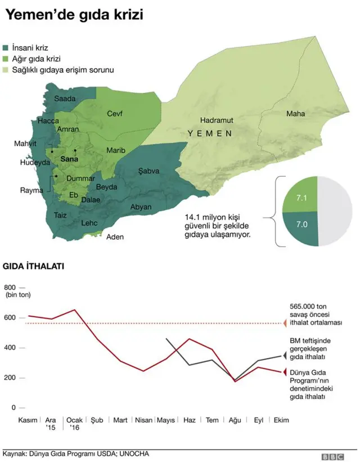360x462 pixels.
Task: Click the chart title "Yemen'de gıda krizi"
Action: click(74, 15)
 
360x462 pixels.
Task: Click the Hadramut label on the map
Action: click(217, 120)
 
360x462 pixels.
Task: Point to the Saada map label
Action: click(65, 98)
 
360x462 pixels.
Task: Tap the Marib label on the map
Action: click(116, 150)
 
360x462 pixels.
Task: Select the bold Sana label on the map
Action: click(69, 159)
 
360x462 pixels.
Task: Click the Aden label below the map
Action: click(115, 237)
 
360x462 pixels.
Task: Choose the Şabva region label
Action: click(149, 171)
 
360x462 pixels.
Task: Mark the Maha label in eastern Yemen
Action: click(295, 114)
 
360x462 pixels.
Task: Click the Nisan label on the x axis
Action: click(144, 420)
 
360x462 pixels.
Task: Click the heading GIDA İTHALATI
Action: click(34, 266)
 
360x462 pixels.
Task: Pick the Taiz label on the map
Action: click(60, 214)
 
